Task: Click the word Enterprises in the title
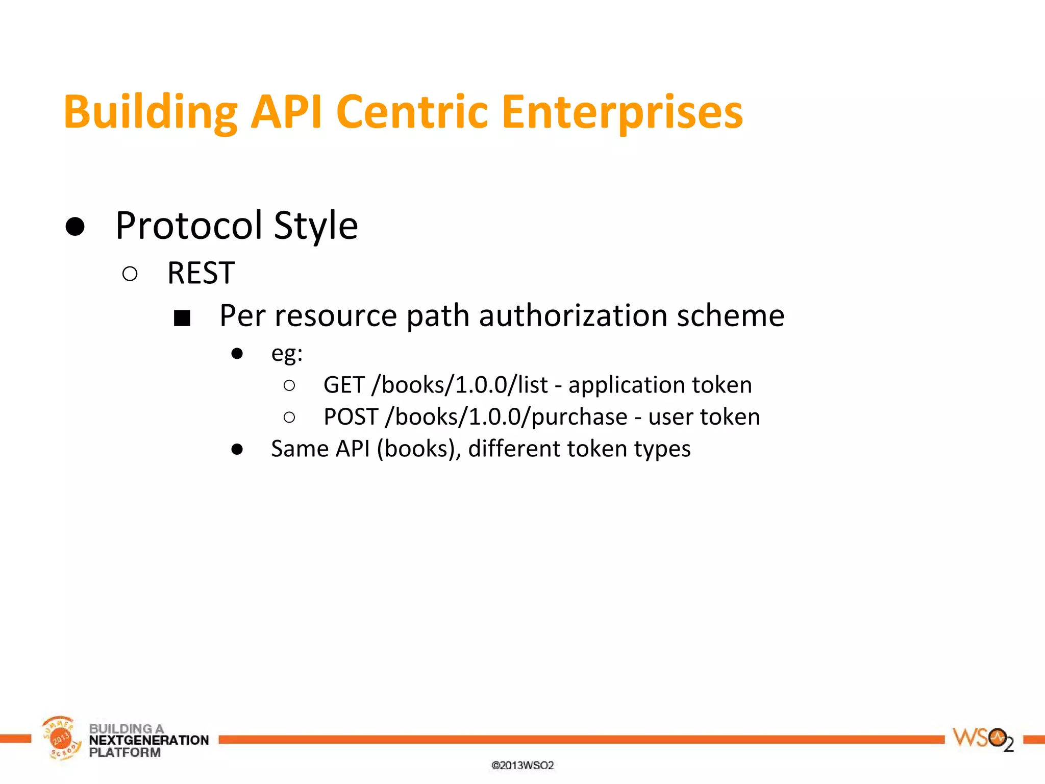pos(622,112)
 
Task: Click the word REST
pos(201,273)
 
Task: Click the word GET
pos(344,385)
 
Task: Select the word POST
pos(351,417)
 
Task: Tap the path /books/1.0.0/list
pos(460,385)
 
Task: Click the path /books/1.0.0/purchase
pos(506,417)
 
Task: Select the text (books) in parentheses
pos(418,449)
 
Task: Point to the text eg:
pos(287,353)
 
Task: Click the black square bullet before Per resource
pos(182,318)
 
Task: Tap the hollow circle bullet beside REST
pos(130,274)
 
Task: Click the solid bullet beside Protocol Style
pos(75,226)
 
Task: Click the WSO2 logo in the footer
pos(983,739)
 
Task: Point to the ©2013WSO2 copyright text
pos(522,765)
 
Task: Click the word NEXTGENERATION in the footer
pos(149,740)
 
